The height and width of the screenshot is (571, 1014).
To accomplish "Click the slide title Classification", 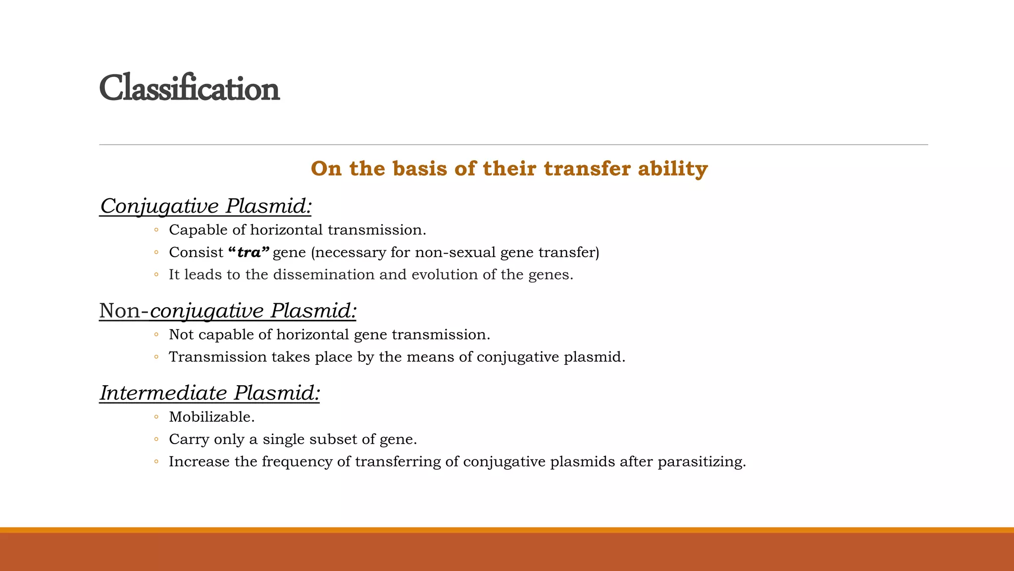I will pos(189,89).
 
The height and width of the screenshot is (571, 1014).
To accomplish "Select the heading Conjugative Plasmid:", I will pos(205,206).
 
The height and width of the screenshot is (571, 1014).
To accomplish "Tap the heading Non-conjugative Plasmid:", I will pos(228,311).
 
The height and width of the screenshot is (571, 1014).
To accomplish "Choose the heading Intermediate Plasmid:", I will pos(209,393).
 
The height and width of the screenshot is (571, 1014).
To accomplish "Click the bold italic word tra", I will pos(249,253).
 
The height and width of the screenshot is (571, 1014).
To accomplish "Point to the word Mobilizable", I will pos(211,417).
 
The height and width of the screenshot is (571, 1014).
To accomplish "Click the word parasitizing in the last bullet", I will pos(701,462).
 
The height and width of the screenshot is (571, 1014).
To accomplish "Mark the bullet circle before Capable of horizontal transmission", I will pos(156,230).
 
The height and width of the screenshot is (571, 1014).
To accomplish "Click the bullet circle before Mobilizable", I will pos(156,417).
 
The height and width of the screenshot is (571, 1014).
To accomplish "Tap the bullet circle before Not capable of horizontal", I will pos(156,335).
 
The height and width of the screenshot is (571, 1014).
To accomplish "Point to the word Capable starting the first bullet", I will pos(195,230).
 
